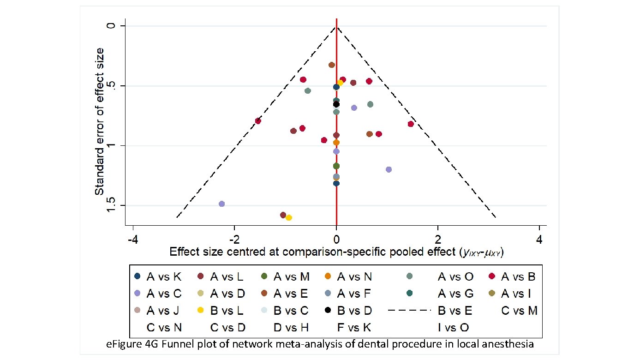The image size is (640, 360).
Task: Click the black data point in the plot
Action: pyautogui.click(x=336, y=104)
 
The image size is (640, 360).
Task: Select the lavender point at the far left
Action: pyautogui.click(x=221, y=204)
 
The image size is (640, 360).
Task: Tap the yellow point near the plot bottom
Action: pyautogui.click(x=289, y=217)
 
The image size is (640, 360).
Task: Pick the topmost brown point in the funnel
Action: pyautogui.click(x=331, y=65)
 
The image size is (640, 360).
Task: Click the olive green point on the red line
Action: pyautogui.click(x=336, y=166)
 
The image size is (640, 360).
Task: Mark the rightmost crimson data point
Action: pyautogui.click(x=411, y=124)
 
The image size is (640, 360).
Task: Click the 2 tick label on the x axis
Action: pyautogui.click(x=438, y=240)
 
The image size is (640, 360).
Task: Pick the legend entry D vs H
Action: pyautogui.click(x=291, y=328)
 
